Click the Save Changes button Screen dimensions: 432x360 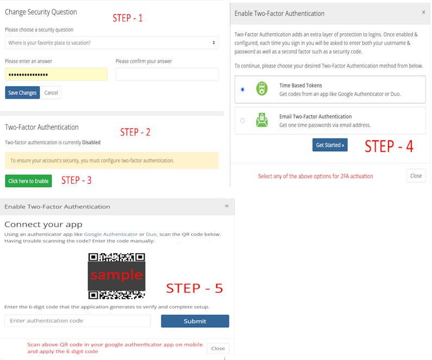click(22, 92)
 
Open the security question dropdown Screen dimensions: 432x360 click(111, 43)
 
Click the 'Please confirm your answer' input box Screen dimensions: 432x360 click(167, 74)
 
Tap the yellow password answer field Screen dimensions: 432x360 click(56, 74)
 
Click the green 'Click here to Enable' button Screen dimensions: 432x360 click(28, 181)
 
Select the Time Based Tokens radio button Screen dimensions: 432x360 click(242, 89)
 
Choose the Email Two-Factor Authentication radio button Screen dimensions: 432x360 click(242, 121)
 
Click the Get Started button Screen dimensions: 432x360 click(330, 145)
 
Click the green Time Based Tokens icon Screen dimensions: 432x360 click(262, 89)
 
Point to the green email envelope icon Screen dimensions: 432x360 click(262, 120)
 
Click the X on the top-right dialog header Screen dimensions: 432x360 click(423, 13)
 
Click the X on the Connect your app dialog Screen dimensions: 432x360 click(227, 206)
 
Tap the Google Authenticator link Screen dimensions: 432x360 click(111, 234)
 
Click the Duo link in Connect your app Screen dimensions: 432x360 click(151, 234)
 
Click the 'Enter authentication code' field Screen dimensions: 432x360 click(78, 321)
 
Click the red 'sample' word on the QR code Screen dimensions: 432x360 click(117, 275)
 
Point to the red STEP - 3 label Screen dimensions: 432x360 click(76, 181)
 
